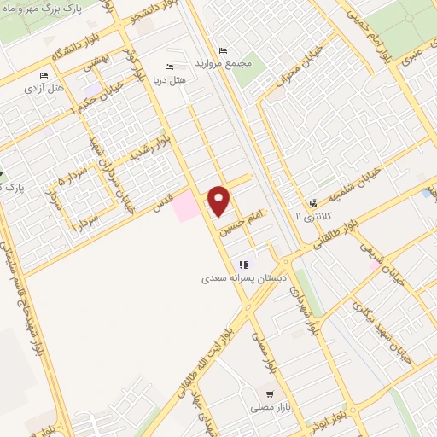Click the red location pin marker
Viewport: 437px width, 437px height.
220,201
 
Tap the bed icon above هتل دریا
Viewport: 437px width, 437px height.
168,67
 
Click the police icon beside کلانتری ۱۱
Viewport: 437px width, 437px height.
313,203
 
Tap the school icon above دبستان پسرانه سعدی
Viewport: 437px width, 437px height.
244,265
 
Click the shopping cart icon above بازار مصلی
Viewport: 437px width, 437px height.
270,394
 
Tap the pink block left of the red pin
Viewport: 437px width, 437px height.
184,207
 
